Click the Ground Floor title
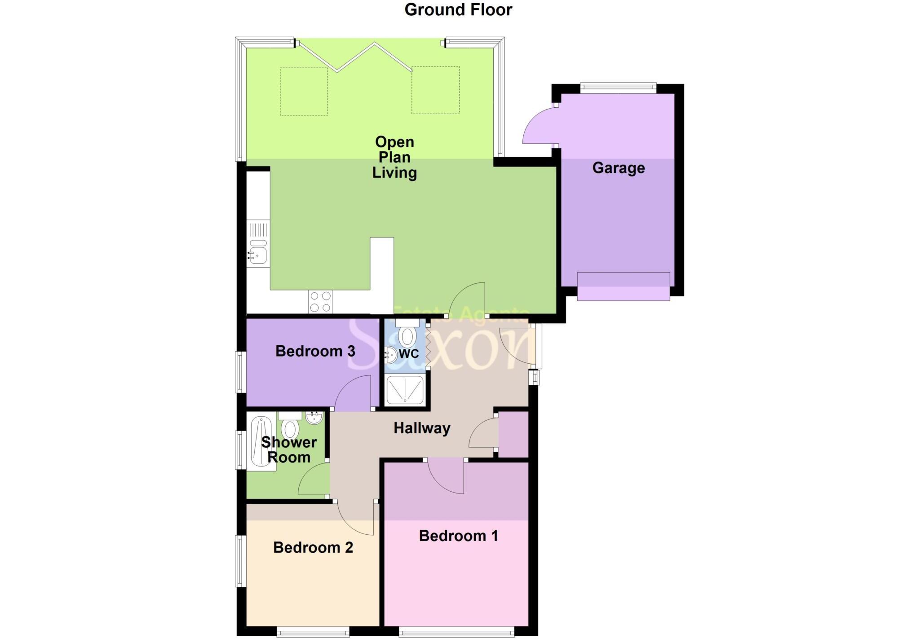point(458,10)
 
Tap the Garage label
point(618,168)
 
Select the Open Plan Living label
point(394,157)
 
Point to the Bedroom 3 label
point(315,351)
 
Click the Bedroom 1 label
point(458,536)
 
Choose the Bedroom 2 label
point(313,547)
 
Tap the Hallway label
point(422,428)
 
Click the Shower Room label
point(289,450)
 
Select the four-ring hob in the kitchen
point(320,302)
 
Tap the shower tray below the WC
point(405,389)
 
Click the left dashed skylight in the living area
point(304,91)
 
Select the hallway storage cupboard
point(513,434)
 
